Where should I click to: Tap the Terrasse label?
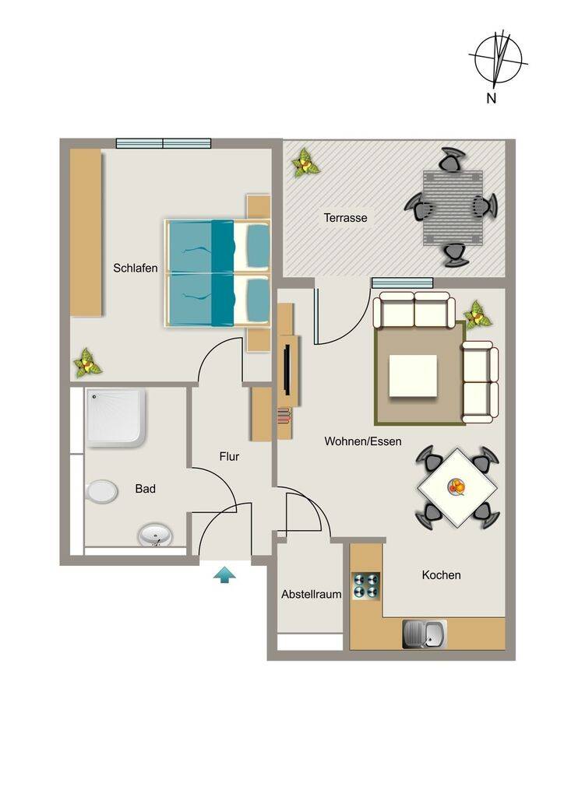coord(345,218)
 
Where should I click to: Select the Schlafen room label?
coord(136,268)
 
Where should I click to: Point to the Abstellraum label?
coord(312,594)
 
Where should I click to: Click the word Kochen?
coord(442,575)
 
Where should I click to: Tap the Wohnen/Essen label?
coord(363,441)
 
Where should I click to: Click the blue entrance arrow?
coord(224,575)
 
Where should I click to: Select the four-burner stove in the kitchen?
coord(366,585)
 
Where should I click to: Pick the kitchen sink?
coord(425,634)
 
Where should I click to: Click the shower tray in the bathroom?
coord(116,418)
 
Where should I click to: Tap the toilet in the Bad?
coord(102,492)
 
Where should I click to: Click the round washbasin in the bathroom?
coord(155,535)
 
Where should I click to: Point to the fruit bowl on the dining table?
coord(456,486)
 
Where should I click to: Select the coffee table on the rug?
coord(413,376)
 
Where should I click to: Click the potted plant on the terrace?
coord(305,163)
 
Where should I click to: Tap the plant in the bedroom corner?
coord(87,363)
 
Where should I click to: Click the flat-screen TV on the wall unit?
coord(287,369)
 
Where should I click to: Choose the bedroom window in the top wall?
coord(164,143)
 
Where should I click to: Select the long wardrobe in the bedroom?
coord(86,232)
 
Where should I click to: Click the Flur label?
coord(229,456)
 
